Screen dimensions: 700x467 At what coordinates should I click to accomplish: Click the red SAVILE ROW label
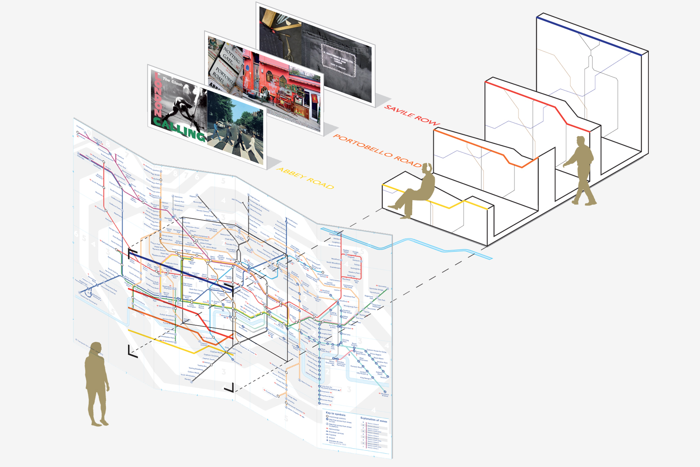point(411,115)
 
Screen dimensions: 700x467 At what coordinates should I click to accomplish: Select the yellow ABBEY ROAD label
point(306,178)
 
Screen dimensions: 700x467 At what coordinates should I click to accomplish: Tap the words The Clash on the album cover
point(172,81)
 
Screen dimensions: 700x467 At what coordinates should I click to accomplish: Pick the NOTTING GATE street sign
point(231,56)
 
